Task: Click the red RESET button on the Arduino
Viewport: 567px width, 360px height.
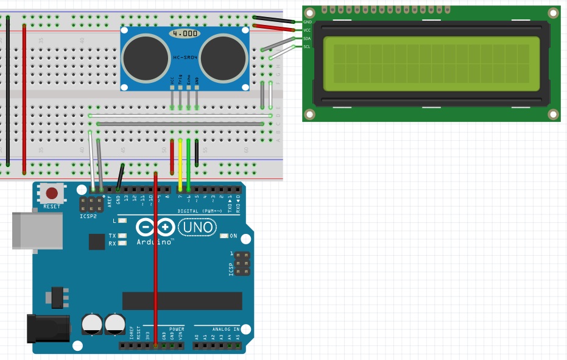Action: pyautogui.click(x=52, y=194)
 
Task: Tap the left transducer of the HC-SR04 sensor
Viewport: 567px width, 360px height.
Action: pyautogui.click(x=145, y=58)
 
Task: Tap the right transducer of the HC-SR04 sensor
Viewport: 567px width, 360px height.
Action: pyautogui.click(x=223, y=58)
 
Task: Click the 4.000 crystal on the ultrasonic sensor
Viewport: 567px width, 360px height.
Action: pyautogui.click(x=185, y=34)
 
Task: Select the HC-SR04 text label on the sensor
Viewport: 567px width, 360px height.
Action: pyautogui.click(x=184, y=57)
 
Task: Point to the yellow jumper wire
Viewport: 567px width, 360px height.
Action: pyautogui.click(x=180, y=164)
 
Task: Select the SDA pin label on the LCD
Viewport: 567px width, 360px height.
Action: pyautogui.click(x=307, y=38)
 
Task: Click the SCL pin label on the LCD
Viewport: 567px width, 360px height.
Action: pyautogui.click(x=307, y=46)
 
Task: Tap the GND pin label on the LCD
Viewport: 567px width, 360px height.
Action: pyautogui.click(x=307, y=22)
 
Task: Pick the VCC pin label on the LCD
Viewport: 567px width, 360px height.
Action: pyautogui.click(x=307, y=30)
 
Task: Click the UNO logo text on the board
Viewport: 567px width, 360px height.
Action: pyautogui.click(x=197, y=228)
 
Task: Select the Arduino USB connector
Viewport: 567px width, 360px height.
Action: pyautogui.click(x=37, y=230)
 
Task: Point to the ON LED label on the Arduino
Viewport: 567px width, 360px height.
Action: pyautogui.click(x=233, y=236)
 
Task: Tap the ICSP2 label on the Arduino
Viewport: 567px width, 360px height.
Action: pyautogui.click(x=88, y=216)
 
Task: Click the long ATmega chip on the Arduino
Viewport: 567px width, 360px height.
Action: pyautogui.click(x=182, y=301)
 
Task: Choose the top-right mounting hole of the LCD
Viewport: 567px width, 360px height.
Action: pyautogui.click(x=553, y=12)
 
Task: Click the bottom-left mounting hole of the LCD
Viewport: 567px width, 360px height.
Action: pyautogui.click(x=310, y=115)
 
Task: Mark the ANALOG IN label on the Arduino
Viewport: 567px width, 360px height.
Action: pyautogui.click(x=225, y=329)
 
